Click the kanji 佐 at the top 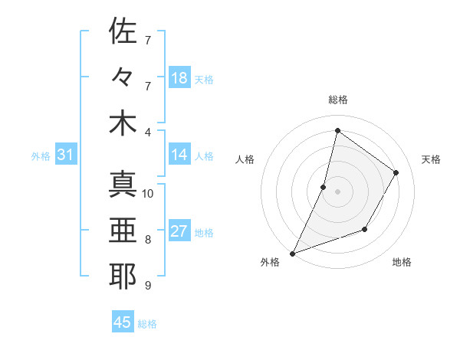[x=123, y=31]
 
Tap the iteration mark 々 [x=123, y=77]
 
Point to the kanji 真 [x=123, y=185]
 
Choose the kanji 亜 [x=123, y=231]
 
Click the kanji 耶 [x=123, y=277]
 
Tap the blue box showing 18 [x=179, y=77]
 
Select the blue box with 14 [x=179, y=155]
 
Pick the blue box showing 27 [x=179, y=231]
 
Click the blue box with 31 [x=66, y=155]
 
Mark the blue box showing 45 [x=123, y=322]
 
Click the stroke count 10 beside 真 [x=148, y=193]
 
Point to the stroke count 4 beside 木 [x=148, y=131]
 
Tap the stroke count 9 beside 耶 [x=148, y=286]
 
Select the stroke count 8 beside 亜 [x=148, y=239]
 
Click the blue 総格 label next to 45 [x=148, y=324]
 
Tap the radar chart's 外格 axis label [x=270, y=262]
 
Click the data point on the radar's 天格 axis [x=396, y=172]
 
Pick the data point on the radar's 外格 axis [x=292, y=253]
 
